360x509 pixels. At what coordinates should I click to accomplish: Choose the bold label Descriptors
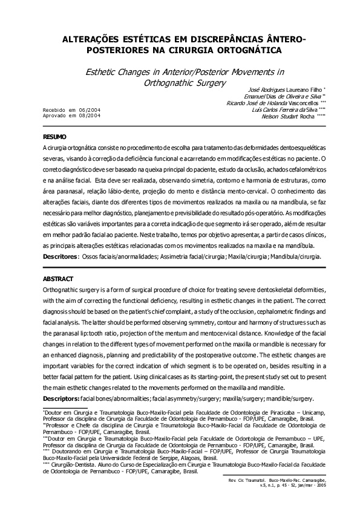click(62, 398)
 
